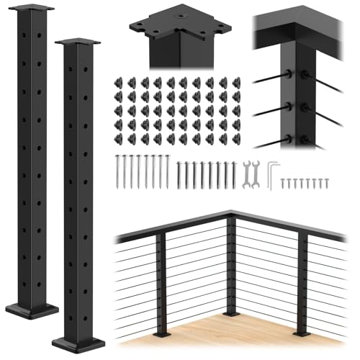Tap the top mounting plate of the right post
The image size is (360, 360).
[x=77, y=42]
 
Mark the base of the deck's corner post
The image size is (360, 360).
[x=230, y=314]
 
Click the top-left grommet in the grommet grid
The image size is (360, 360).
[x=119, y=83]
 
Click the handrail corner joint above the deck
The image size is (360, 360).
[x=229, y=214]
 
